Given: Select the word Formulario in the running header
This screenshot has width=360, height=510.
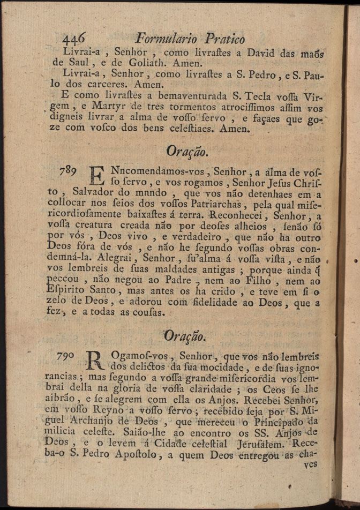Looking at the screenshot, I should (x=166, y=39).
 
